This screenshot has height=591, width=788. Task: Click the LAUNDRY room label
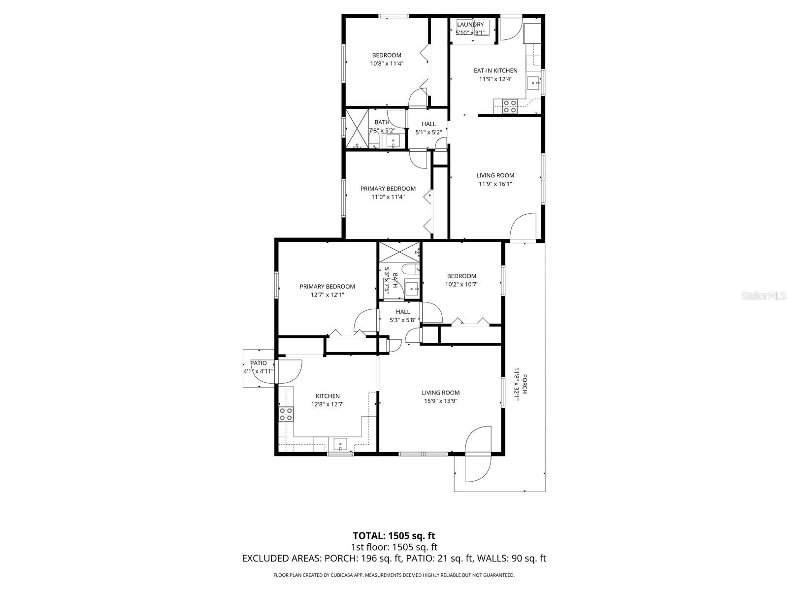pos(470,25)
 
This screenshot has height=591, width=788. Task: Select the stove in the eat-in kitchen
pos(509,106)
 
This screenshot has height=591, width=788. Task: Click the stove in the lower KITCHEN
pos(286,414)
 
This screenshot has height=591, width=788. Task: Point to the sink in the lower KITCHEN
pos(341,445)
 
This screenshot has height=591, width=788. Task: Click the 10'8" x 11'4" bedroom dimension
pos(387,64)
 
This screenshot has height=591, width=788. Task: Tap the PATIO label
pos(259,363)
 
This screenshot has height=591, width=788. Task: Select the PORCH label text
pos(525,384)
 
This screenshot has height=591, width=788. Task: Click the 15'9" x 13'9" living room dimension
pos(440,401)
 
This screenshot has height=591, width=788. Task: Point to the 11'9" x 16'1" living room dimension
pos(495,184)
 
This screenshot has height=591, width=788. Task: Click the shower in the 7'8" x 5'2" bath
pos(357,129)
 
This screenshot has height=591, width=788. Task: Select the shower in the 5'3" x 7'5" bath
pos(399,252)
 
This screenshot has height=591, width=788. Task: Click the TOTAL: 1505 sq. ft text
pos(394,535)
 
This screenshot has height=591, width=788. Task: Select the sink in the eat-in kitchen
pos(534,83)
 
